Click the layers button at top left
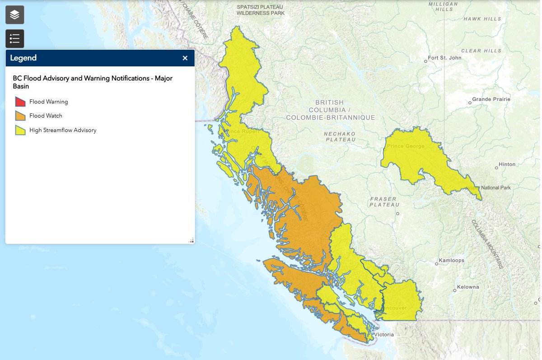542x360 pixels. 14,15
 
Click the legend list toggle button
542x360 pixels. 14,39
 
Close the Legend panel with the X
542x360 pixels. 185,58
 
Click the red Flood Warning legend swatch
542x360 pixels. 20,102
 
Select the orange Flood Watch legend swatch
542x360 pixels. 20,116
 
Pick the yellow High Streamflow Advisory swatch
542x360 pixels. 20,131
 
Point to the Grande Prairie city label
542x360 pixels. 491,99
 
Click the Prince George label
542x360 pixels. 406,146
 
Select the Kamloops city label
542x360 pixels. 452,261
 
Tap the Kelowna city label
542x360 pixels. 467,287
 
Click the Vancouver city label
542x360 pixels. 394,308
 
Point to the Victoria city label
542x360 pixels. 384,335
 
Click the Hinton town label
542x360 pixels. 507,165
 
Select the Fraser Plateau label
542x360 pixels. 383,202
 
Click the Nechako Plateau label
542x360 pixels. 340,137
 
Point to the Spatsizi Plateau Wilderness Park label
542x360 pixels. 261,10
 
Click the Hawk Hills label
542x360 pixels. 482,19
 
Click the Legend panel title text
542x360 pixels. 23,58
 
